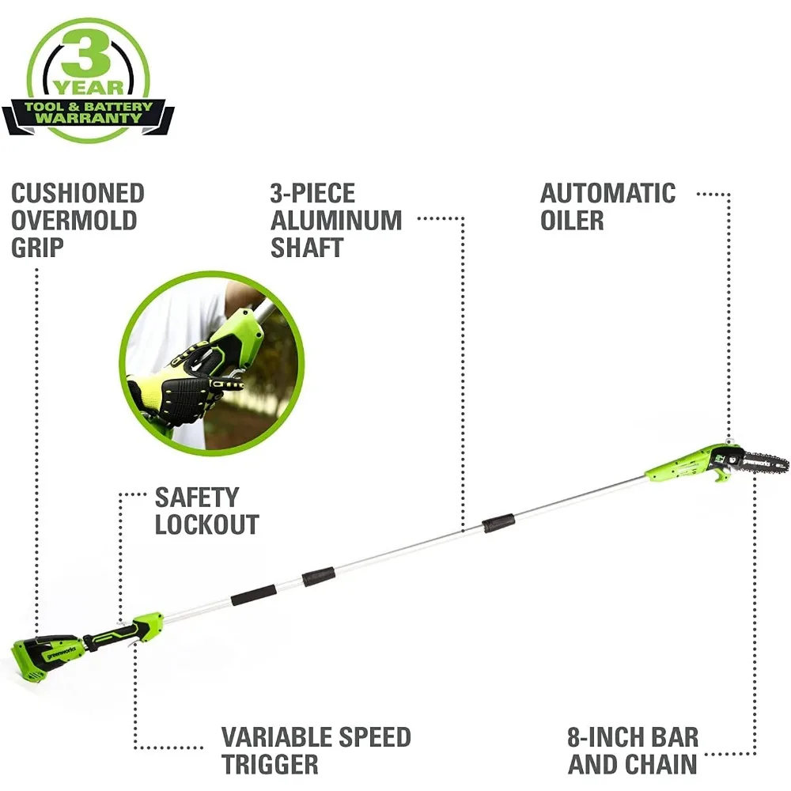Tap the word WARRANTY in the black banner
88,118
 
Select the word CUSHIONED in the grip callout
78,194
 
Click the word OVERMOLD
74,221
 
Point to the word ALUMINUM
336,221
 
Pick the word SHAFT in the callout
307,248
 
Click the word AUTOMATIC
608,194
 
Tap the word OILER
572,221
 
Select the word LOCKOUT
207,524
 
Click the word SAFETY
196,498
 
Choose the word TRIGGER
271,765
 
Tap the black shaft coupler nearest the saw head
498,522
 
